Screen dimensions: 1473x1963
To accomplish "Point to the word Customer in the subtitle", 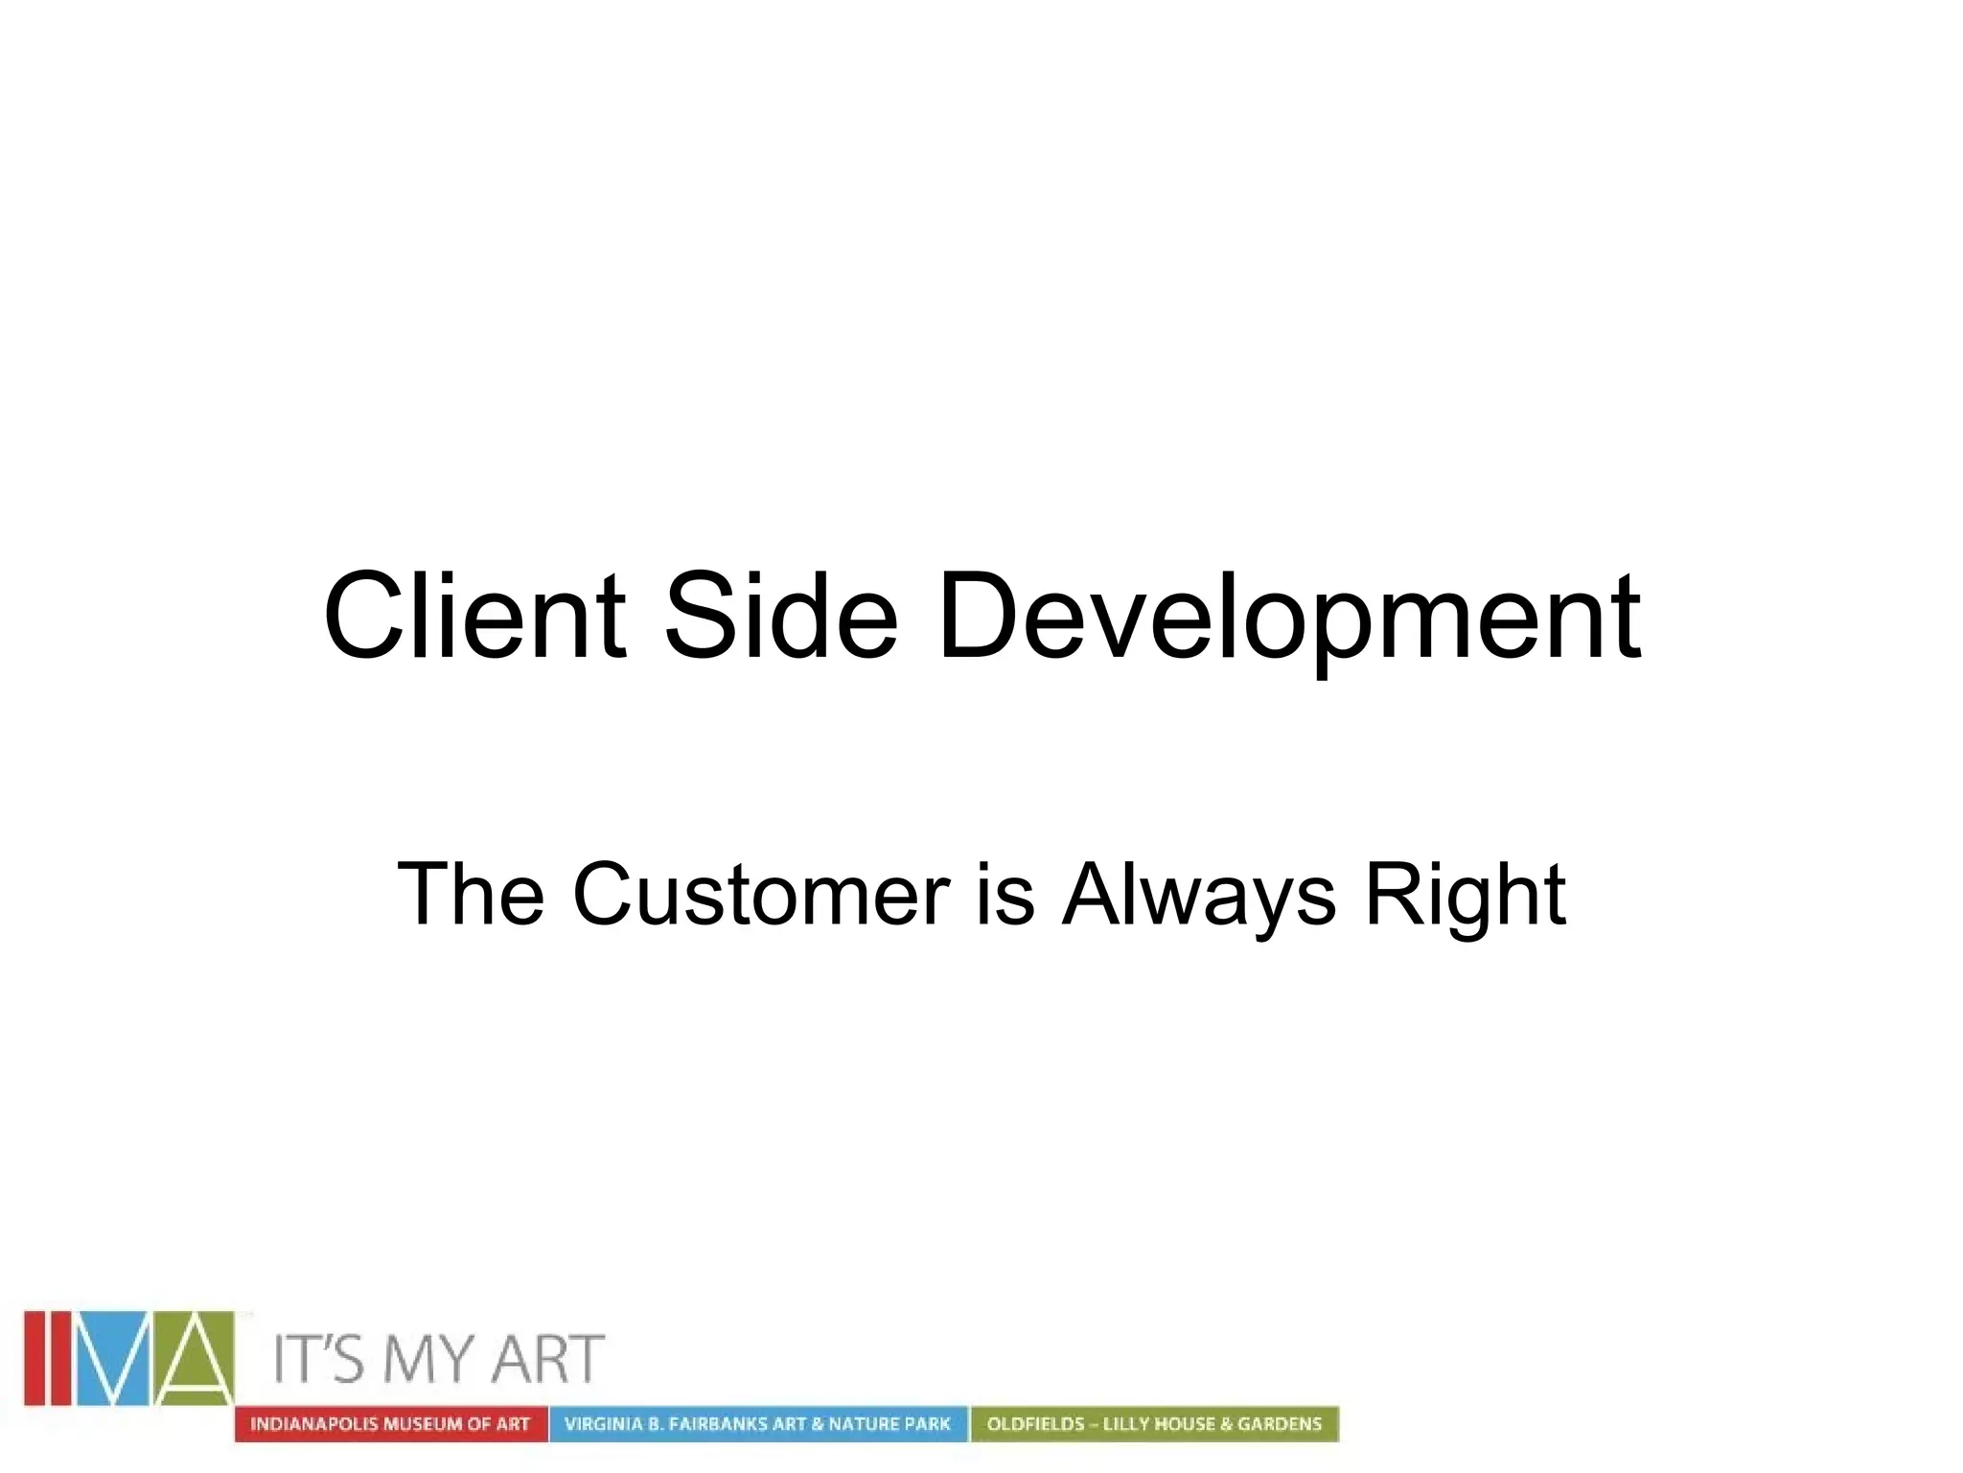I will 761,894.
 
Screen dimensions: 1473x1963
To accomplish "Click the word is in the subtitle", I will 1005,894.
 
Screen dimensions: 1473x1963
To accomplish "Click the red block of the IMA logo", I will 49,1358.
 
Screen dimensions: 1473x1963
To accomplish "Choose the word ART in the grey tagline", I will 547,1359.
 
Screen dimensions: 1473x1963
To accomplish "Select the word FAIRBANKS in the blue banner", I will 717,1424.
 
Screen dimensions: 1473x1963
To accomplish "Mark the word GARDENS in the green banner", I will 1279,1424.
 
